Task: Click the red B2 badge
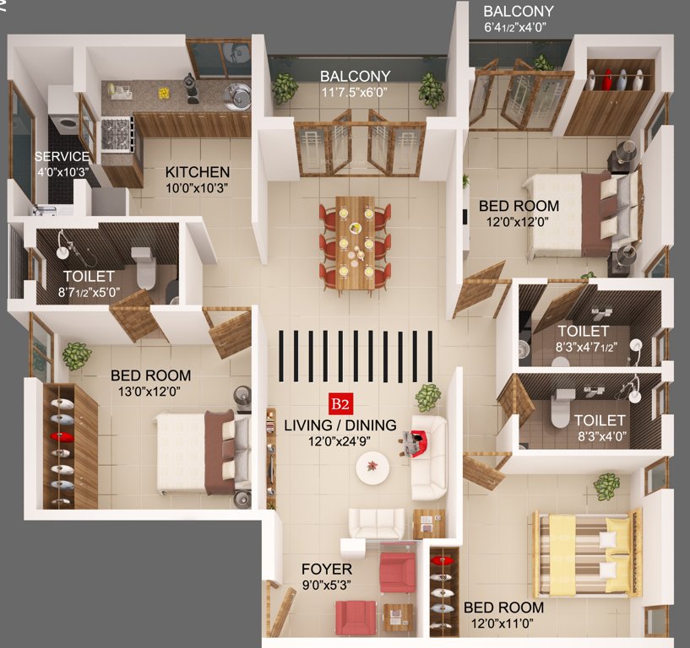(340, 403)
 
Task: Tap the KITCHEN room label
(198, 172)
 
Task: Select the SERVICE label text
(62, 157)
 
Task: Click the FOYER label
(326, 570)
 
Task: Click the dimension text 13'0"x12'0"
(150, 391)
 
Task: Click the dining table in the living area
(356, 243)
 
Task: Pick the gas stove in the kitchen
(117, 132)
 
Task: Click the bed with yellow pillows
(583, 553)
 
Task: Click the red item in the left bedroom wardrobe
(59, 436)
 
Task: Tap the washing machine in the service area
(63, 127)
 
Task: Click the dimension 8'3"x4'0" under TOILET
(600, 436)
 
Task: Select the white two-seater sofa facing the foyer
(377, 524)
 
